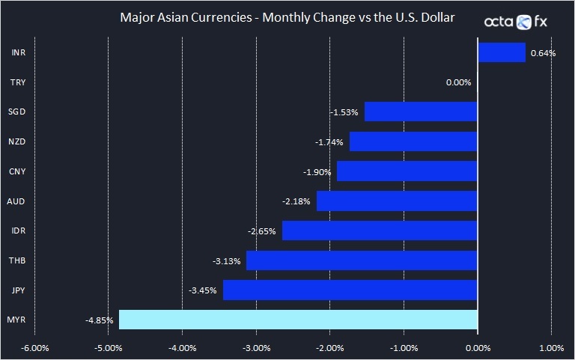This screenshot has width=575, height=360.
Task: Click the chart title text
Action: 287,16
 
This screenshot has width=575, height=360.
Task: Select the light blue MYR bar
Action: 298,320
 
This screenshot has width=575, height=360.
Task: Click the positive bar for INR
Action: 502,52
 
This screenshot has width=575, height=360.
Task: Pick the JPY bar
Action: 350,290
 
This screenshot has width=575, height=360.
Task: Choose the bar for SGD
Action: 421,112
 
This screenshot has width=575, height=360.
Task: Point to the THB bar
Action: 362,260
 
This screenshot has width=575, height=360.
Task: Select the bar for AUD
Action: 397,201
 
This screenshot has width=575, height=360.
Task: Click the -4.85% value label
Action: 100,320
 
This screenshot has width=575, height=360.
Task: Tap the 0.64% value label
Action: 543,53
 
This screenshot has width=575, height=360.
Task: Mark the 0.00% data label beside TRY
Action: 458,82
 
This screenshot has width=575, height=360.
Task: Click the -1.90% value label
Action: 317,171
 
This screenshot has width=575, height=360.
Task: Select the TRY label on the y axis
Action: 19,82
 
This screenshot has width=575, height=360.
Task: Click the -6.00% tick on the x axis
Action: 35,348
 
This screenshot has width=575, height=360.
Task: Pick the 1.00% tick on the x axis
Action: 551,348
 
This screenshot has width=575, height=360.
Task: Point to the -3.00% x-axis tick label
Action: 256,348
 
